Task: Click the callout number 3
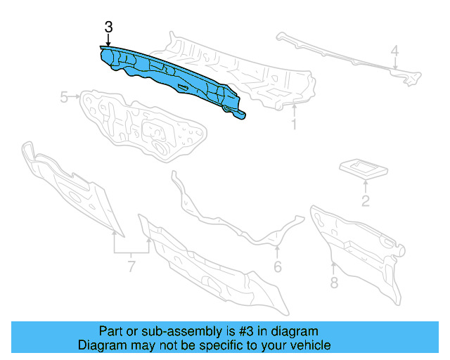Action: pyautogui.click(x=108, y=27)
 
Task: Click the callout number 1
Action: pyautogui.click(x=294, y=125)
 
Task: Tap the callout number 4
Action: pyautogui.click(x=395, y=51)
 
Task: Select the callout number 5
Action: pyautogui.click(x=64, y=97)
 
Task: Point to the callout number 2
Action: pyautogui.click(x=366, y=202)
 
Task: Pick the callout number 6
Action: pyautogui.click(x=278, y=266)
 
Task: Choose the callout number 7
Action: pyautogui.click(x=131, y=266)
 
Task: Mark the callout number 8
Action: pyautogui.click(x=334, y=283)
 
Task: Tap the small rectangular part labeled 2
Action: pyautogui.click(x=364, y=167)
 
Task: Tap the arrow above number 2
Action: pyautogui.click(x=366, y=186)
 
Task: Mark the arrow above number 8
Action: pyautogui.click(x=333, y=267)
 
